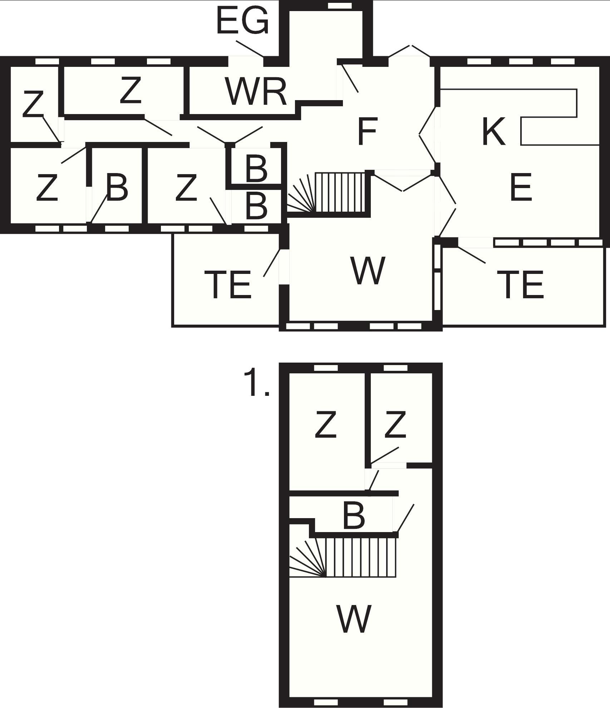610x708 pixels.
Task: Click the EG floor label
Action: tap(242, 21)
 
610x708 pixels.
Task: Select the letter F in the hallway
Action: tap(367, 132)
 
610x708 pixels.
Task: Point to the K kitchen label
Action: tap(494, 131)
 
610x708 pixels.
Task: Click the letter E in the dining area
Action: tap(521, 187)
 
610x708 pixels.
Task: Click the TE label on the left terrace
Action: tap(228, 285)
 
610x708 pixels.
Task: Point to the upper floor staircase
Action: tap(343, 557)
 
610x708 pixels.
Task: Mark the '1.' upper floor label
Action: tap(256, 383)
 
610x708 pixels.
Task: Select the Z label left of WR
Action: tap(130, 90)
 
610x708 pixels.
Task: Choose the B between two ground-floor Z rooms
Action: tap(117, 187)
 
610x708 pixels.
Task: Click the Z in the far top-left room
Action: tap(33, 104)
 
